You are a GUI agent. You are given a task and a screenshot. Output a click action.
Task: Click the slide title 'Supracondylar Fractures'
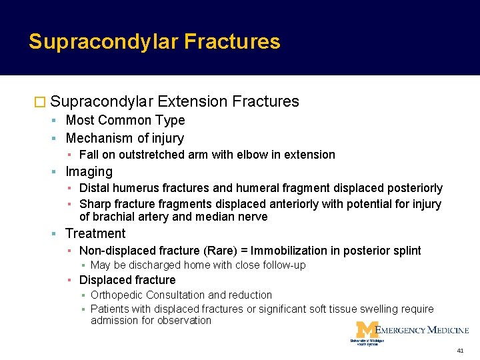tap(154, 42)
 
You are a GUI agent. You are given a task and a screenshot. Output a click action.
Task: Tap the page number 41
tap(461, 351)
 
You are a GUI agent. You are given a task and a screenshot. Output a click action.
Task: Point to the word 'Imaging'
tap(89, 172)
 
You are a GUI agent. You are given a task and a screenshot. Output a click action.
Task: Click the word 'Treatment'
tap(95, 233)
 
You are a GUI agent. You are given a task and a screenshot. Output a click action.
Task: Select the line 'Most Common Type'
tap(125, 121)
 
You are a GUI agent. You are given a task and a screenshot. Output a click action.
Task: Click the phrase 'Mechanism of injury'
tap(125, 139)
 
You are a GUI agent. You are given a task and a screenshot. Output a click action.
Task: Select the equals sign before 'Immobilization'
tap(245, 251)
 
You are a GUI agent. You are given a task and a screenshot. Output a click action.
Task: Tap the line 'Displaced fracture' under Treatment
tap(127, 280)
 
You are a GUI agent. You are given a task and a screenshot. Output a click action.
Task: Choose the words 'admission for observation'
tap(151, 321)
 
